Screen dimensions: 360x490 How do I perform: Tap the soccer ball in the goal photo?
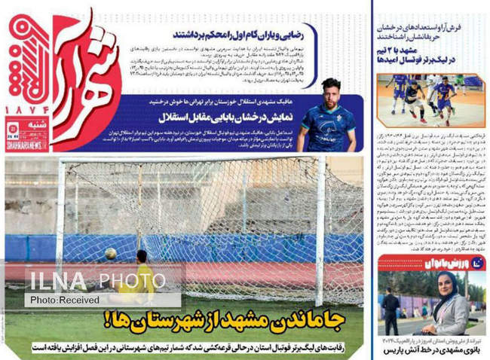(x=111, y=253)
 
